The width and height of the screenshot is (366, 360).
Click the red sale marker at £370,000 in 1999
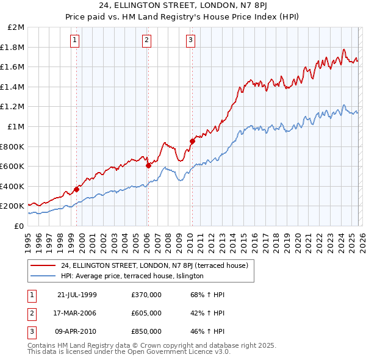(x=77, y=189)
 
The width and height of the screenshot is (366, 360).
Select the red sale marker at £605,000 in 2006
(x=148, y=165)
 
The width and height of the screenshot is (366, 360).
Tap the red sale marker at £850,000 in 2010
(x=192, y=141)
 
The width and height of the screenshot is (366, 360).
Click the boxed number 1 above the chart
(x=74, y=40)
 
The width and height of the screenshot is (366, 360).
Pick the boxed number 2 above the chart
(x=147, y=40)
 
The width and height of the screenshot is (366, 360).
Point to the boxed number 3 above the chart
(x=190, y=40)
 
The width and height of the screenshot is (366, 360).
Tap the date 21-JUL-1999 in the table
(x=77, y=295)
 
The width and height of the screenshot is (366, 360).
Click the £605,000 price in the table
(x=146, y=313)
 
